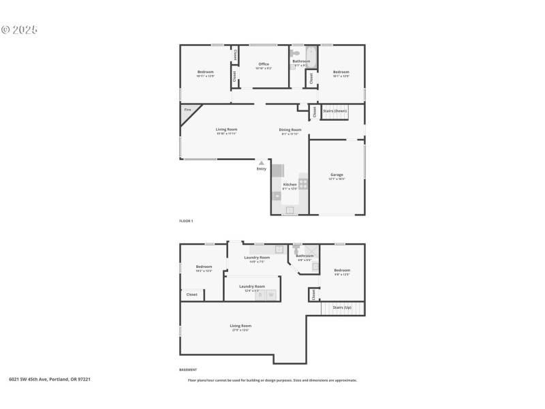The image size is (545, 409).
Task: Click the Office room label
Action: [x=264, y=64]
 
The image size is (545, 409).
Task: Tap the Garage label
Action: [x=337, y=175]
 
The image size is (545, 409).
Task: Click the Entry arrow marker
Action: [x=261, y=162]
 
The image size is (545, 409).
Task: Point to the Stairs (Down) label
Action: [x=334, y=110]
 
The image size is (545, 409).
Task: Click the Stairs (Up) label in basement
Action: [x=341, y=307]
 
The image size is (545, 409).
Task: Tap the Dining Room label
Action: [x=290, y=130]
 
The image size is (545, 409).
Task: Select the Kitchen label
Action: [x=290, y=185]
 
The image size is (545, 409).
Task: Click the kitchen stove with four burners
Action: [x=302, y=183]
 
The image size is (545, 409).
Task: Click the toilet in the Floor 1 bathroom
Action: [x=295, y=52]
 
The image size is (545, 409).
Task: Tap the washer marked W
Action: [x=270, y=294]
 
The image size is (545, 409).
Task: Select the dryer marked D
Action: [x=259, y=294]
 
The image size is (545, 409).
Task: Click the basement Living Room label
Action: [x=240, y=326]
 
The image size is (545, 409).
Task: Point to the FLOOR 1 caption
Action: [x=186, y=221]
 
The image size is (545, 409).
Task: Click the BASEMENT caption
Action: [x=188, y=369]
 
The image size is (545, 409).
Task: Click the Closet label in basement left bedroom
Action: [x=191, y=294]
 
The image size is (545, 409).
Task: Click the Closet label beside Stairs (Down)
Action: [x=314, y=112]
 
